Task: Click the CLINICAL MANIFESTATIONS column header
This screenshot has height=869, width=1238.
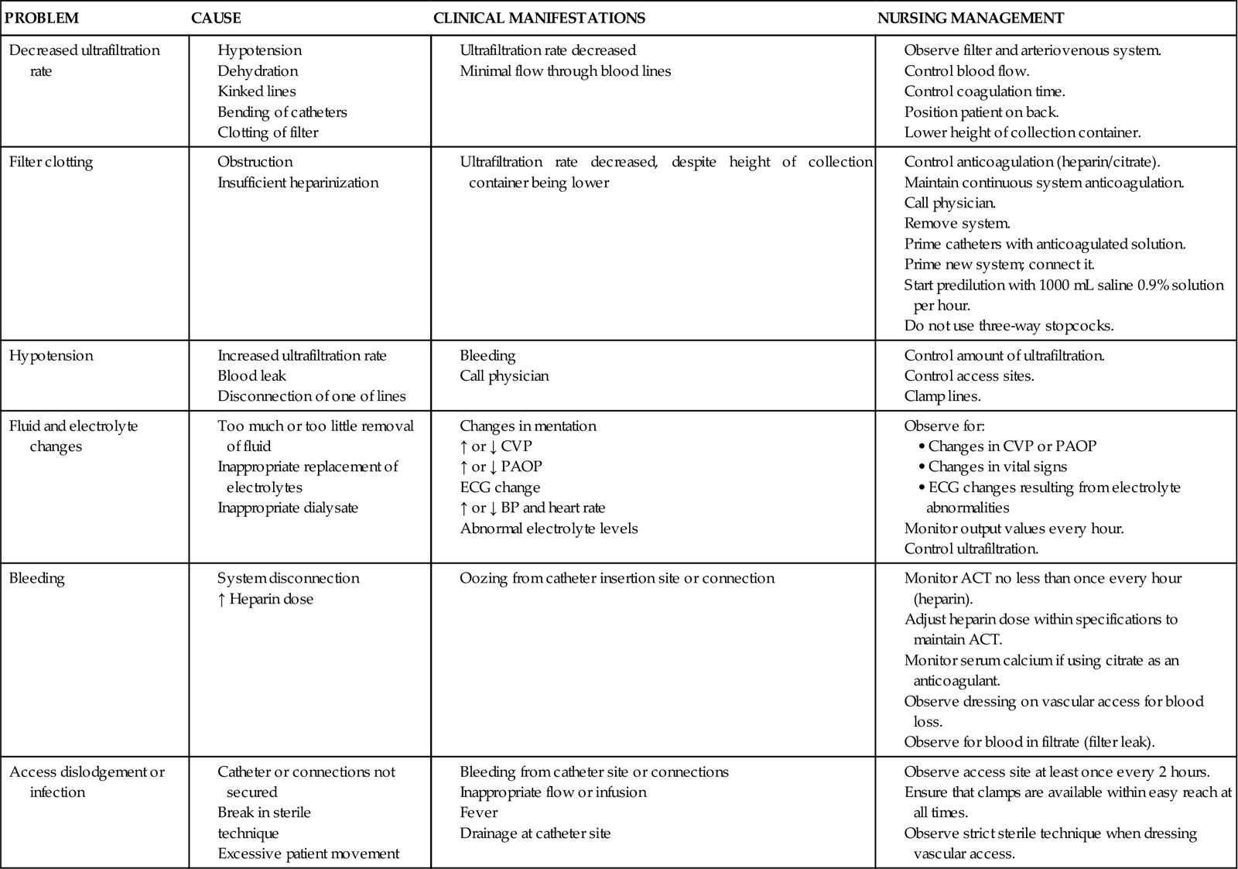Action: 539,18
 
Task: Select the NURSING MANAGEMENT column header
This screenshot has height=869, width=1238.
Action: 970,18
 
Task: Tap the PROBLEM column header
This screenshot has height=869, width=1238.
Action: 42,18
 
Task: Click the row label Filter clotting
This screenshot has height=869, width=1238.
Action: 50,163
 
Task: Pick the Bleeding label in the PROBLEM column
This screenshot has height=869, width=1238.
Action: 36,578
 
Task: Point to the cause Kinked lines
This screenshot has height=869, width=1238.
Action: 256,91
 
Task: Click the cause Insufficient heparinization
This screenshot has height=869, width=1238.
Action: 298,183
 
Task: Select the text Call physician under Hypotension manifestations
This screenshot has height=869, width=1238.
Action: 504,376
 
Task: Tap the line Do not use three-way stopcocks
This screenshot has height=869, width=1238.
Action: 1008,326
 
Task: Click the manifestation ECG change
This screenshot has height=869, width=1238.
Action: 500,488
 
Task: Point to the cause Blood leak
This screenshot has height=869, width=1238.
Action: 251,376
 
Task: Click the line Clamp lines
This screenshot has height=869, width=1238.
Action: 942,396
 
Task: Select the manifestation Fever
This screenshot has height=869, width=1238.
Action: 478,813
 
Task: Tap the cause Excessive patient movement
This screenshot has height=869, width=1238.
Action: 308,854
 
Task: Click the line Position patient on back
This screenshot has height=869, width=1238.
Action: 981,111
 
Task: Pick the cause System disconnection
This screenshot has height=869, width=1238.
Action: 288,578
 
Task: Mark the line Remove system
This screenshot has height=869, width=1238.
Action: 956,224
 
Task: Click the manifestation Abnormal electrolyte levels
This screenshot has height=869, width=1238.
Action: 549,529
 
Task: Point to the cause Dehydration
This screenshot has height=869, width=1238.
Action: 258,71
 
